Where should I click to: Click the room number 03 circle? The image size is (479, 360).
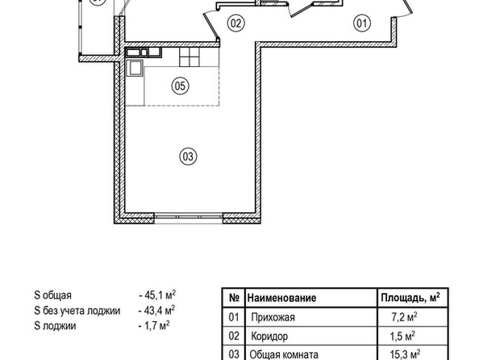pyautogui.click(x=188, y=157)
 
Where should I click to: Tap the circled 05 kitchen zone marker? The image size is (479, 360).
pyautogui.click(x=181, y=86)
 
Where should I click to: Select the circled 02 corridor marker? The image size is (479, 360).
pyautogui.click(x=236, y=23)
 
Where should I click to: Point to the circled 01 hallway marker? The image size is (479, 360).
pyautogui.click(x=362, y=23)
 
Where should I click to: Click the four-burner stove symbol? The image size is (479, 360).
pyautogui.click(x=190, y=57)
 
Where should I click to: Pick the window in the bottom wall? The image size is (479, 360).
pyautogui.click(x=189, y=217)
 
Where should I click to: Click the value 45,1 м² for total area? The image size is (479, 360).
pyautogui.click(x=157, y=295)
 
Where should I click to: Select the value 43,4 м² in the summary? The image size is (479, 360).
pyautogui.click(x=157, y=311)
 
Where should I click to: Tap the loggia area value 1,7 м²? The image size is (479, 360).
pyautogui.click(x=154, y=326)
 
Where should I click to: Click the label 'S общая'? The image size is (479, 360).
pyautogui.click(x=53, y=295)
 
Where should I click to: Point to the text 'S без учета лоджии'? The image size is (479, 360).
pyautogui.click(x=77, y=311)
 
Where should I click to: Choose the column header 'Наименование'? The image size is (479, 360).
pyautogui.click(x=281, y=298)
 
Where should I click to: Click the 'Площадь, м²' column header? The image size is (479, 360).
pyautogui.click(x=410, y=297)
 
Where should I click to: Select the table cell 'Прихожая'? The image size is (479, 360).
pyautogui.click(x=273, y=317)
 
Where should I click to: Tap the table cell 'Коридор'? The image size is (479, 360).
pyautogui.click(x=269, y=336)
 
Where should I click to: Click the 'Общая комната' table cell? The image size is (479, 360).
pyautogui.click(x=284, y=355)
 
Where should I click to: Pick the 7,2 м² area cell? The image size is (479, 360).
pyautogui.click(x=404, y=317)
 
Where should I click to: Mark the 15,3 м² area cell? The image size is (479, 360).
pyautogui.click(x=405, y=354)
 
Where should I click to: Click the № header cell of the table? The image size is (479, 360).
pyautogui.click(x=234, y=298)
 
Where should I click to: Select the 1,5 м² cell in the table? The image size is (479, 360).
pyautogui.click(x=402, y=336)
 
